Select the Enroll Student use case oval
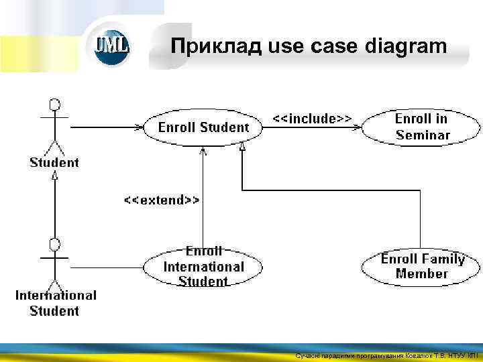[203, 127]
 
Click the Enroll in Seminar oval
[422, 127]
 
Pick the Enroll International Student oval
[203, 267]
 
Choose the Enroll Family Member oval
[422, 267]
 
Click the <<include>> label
[312, 119]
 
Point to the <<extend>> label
[161, 200]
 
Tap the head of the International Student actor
[55, 243]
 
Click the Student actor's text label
[54, 162]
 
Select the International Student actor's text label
[56, 302]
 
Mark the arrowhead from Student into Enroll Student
[140, 127]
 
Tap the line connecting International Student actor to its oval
[107, 267]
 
